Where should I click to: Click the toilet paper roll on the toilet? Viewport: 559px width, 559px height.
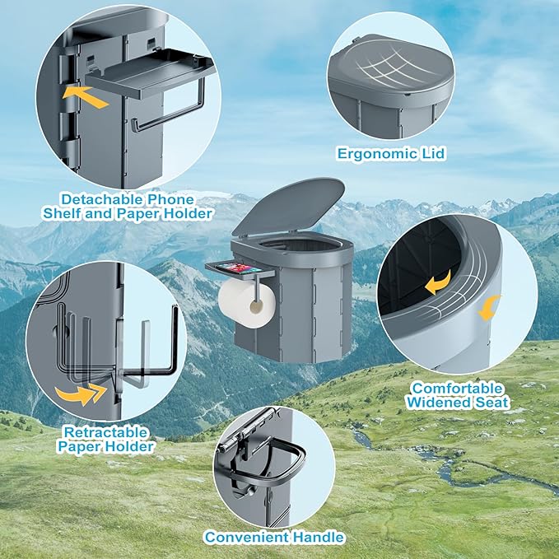[247, 303]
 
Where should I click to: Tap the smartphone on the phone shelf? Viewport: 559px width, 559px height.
[240, 268]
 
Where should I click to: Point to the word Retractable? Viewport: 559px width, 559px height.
[105, 432]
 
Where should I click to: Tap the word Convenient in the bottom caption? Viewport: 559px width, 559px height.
[247, 537]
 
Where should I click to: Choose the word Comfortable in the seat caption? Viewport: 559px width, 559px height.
[457, 389]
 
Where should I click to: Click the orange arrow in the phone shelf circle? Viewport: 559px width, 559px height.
[86, 96]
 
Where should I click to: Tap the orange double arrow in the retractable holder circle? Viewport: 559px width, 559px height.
[81, 394]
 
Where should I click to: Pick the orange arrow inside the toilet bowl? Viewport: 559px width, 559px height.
[439, 282]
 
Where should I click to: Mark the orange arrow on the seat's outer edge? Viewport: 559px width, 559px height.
[488, 308]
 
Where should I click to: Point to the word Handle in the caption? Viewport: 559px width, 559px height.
[318, 537]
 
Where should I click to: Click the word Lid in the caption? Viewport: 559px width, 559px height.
[434, 154]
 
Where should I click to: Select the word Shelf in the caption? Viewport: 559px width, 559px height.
[62, 213]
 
